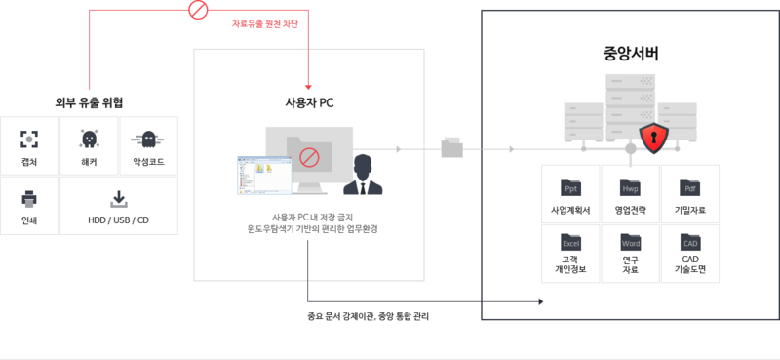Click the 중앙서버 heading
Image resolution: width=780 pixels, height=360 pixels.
coord(630,54)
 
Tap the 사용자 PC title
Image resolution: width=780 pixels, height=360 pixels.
coord(308,103)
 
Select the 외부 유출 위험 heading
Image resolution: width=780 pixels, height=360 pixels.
coord(89,102)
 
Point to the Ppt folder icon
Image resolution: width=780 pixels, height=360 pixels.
coord(571,187)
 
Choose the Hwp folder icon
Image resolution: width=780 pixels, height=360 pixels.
coord(631,187)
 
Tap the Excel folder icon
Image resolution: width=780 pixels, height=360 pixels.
coord(571,242)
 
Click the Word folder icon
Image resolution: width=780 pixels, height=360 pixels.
coord(631,242)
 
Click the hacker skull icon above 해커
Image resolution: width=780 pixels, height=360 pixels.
coord(89,139)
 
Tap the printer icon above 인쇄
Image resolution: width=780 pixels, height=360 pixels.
coord(29,199)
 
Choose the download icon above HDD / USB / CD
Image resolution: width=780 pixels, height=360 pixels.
coord(119,199)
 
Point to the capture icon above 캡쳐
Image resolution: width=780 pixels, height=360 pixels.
coord(29,139)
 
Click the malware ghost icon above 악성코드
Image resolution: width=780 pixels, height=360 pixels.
coord(148,139)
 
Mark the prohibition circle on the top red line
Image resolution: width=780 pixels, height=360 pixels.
coord(199,11)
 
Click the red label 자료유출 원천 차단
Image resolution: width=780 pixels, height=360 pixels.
coord(265,23)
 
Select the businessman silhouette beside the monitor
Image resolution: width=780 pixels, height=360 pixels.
coord(364,175)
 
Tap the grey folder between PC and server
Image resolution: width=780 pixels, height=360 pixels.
coord(453,149)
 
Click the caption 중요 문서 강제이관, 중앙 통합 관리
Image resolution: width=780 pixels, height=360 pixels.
coord(367,317)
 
